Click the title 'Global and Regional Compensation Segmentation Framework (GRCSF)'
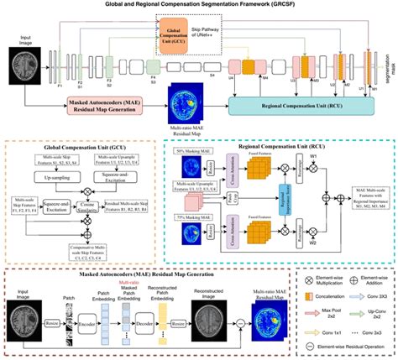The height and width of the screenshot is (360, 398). (198, 5)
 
